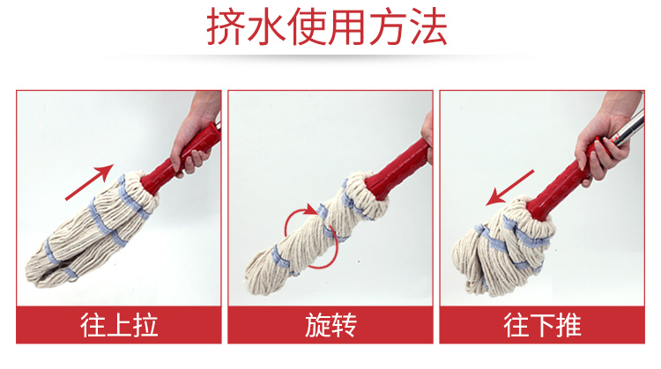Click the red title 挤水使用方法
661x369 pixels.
click(327, 27)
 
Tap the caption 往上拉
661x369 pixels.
click(119, 325)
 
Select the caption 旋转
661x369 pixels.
click(330, 325)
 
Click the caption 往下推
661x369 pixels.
click(543, 325)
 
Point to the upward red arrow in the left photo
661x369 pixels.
click(89, 182)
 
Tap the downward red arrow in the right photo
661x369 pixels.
click(510, 188)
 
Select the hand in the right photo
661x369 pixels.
click(607, 139)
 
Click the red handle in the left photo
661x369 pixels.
click(180, 159)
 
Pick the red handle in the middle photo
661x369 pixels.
click(397, 169)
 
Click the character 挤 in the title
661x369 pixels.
click(225, 27)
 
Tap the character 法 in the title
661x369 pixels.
click(428, 27)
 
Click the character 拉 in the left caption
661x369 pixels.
click(145, 325)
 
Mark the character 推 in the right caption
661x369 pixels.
click(569, 325)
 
